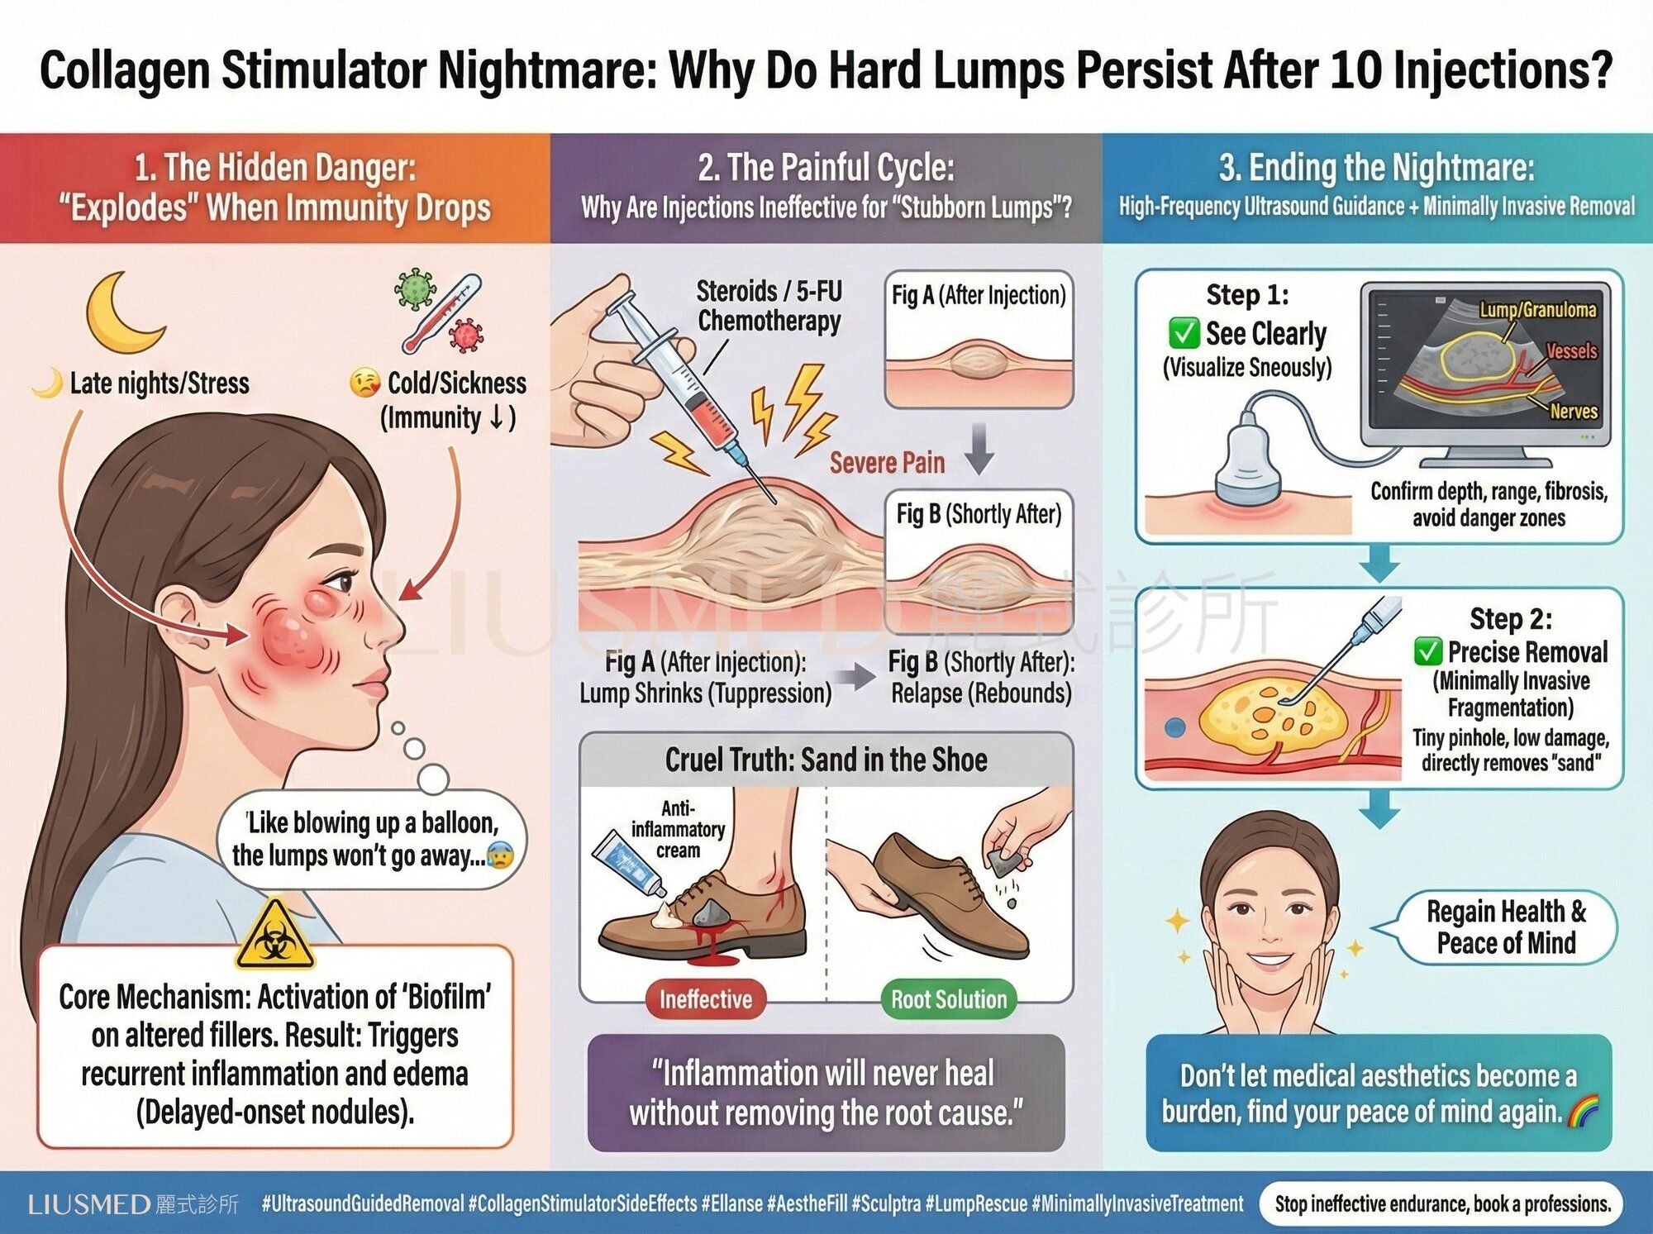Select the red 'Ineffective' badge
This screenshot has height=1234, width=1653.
point(705,999)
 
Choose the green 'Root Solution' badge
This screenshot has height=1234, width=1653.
point(948,999)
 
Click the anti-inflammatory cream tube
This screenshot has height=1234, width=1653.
point(630,864)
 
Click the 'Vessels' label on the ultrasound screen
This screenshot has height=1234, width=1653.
point(1571,351)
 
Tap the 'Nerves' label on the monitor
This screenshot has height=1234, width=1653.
point(1574,411)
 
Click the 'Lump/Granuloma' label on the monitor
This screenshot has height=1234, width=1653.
point(1537,310)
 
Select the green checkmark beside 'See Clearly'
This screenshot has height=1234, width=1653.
point(1184,333)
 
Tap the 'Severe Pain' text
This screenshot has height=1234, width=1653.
point(887,463)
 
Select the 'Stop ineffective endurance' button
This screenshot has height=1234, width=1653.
point(1442,1203)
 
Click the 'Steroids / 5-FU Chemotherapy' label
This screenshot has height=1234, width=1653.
point(769,306)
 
